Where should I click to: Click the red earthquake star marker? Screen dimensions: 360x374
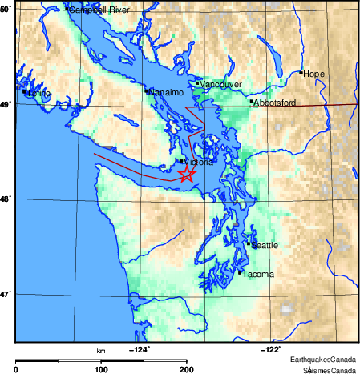click(x=186, y=175)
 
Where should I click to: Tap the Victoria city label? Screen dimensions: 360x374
click(x=198, y=162)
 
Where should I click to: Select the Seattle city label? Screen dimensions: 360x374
click(x=265, y=245)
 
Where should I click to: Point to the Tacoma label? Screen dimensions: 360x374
click(x=258, y=275)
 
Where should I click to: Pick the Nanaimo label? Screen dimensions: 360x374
click(x=167, y=92)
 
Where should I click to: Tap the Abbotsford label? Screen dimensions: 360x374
click(x=274, y=103)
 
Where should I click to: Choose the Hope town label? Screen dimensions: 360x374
click(x=313, y=74)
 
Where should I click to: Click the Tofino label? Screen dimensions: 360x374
click(x=38, y=94)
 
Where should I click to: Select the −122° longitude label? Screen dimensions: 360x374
click(x=271, y=348)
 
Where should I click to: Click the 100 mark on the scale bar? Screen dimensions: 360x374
click(x=101, y=370)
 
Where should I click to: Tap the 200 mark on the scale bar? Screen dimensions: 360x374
click(x=186, y=370)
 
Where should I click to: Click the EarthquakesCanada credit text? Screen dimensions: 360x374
click(x=323, y=360)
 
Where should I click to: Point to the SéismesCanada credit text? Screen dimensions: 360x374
click(x=329, y=370)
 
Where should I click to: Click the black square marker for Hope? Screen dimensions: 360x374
click(x=301, y=73)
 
